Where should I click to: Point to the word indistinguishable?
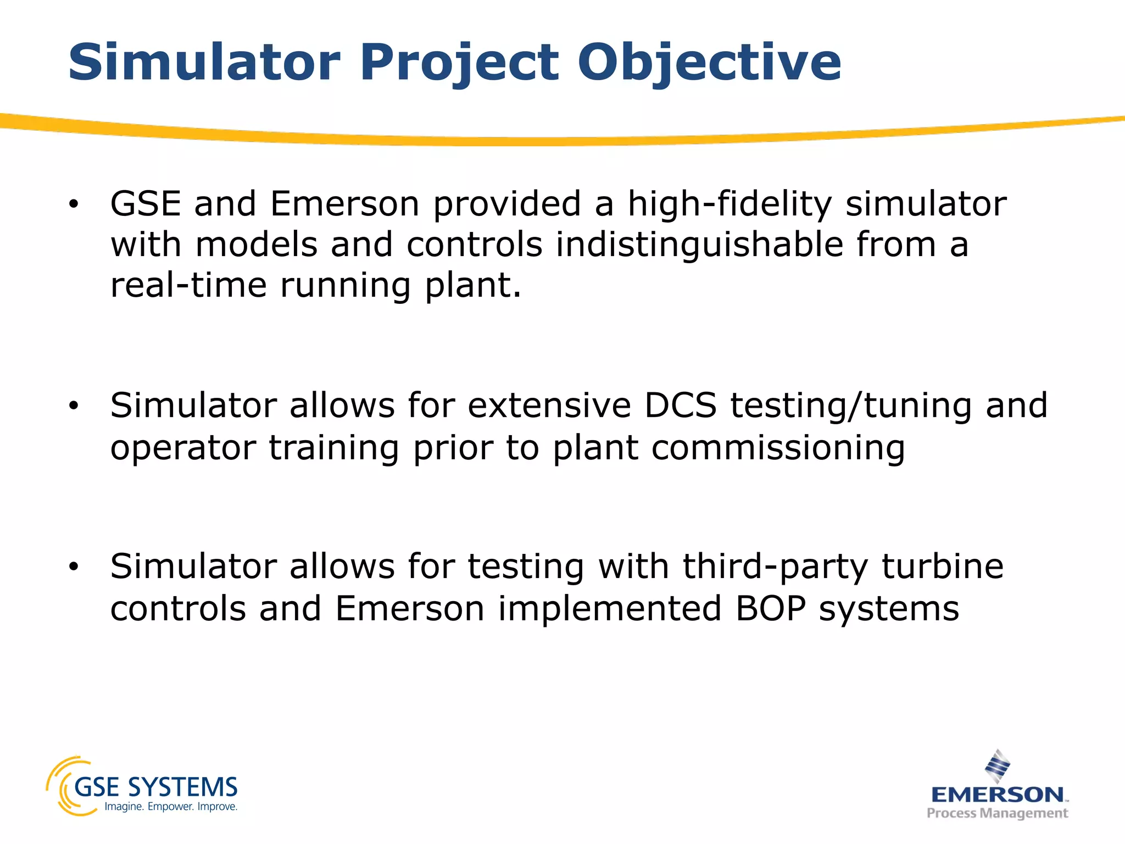[699, 245]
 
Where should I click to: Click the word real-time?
[188, 285]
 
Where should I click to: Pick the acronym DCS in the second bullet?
[680, 406]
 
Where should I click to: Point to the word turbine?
[943, 567]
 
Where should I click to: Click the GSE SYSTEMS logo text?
[155, 787]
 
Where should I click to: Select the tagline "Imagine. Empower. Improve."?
[171, 807]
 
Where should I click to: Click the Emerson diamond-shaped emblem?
[997, 766]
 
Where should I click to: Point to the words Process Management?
[997, 813]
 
